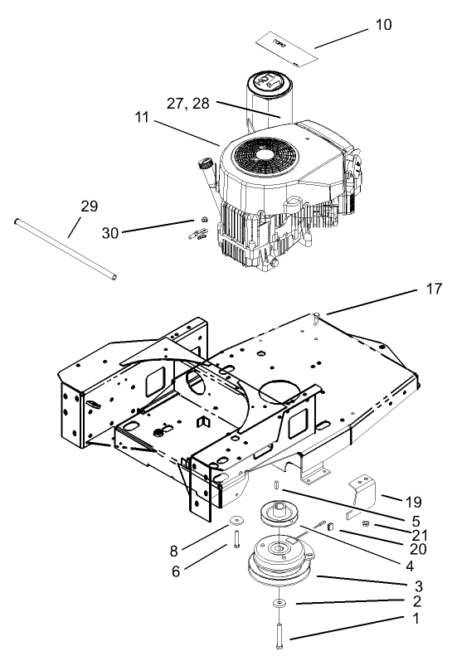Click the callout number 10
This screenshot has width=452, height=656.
click(x=382, y=25)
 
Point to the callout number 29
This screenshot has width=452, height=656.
click(x=89, y=207)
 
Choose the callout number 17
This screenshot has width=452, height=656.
click(x=434, y=289)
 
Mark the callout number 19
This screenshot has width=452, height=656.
click(x=414, y=501)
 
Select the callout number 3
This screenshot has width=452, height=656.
click(x=418, y=586)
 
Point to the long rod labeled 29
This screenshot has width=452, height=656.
click(x=65, y=248)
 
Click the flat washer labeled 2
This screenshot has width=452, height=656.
click(x=279, y=601)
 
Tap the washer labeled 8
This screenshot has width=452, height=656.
click(x=236, y=521)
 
